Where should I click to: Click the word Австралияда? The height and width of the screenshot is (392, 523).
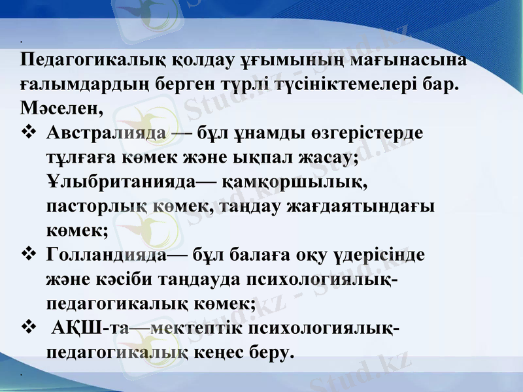coord(105,133)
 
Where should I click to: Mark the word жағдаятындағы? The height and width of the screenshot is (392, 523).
coord(370,206)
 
